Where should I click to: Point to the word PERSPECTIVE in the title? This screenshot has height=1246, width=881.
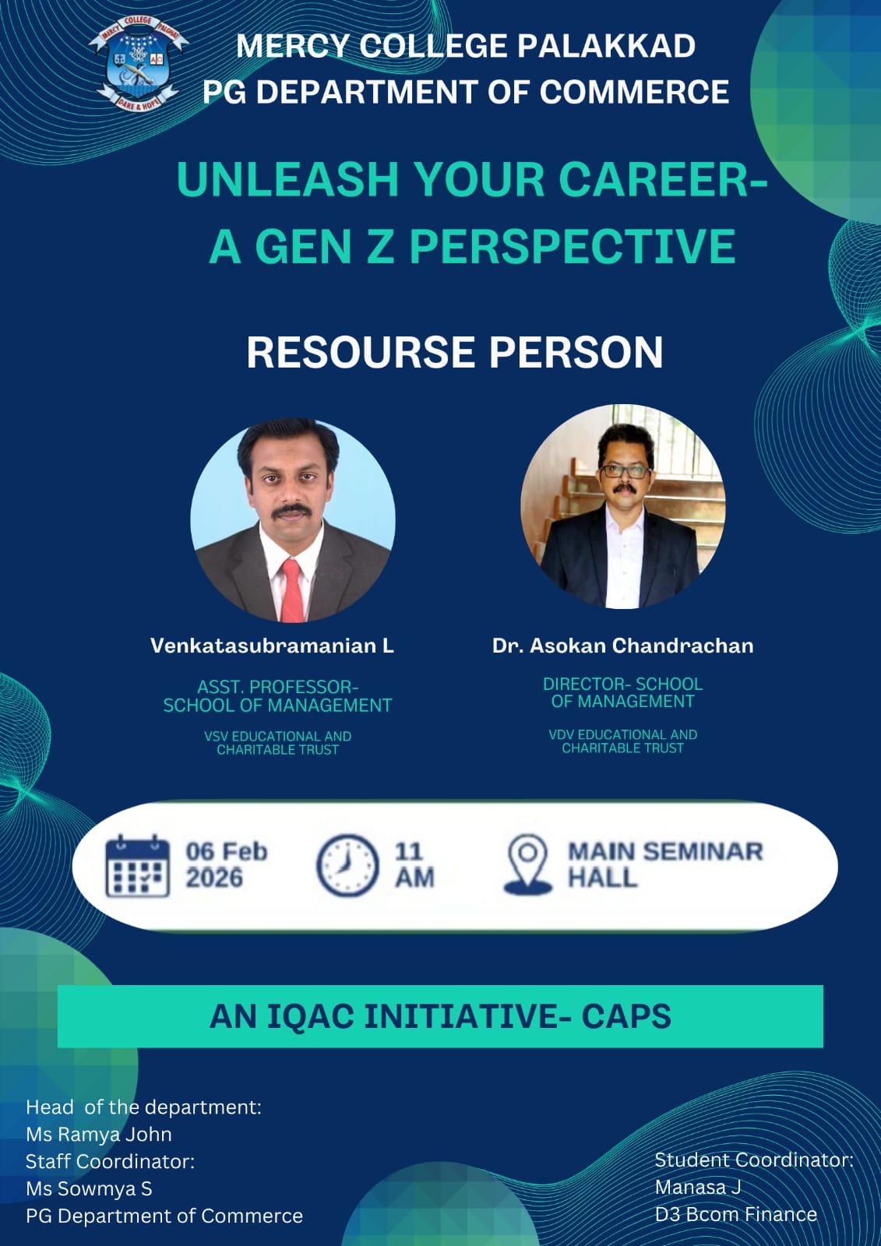pos(572,246)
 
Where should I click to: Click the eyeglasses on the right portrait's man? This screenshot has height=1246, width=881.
pos(623,470)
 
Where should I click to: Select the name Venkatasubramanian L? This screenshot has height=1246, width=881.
pos(272,646)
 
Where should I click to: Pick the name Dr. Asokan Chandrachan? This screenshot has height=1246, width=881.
pos(622,646)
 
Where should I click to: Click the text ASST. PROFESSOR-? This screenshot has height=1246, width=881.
pos(277,687)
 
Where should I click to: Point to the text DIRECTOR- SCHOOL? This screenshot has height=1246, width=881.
pos(622,684)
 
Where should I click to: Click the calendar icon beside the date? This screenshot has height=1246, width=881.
pos(137,866)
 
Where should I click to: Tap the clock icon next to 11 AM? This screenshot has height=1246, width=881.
pos(347,865)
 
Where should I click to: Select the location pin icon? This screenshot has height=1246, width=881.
pos(527,864)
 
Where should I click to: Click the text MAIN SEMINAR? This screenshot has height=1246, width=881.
pos(664,851)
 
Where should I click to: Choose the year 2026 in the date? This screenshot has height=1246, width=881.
pos(214,878)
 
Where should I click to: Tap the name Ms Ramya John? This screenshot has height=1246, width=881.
pos(99,1134)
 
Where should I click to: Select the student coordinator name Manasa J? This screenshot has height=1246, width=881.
pos(697,1187)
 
